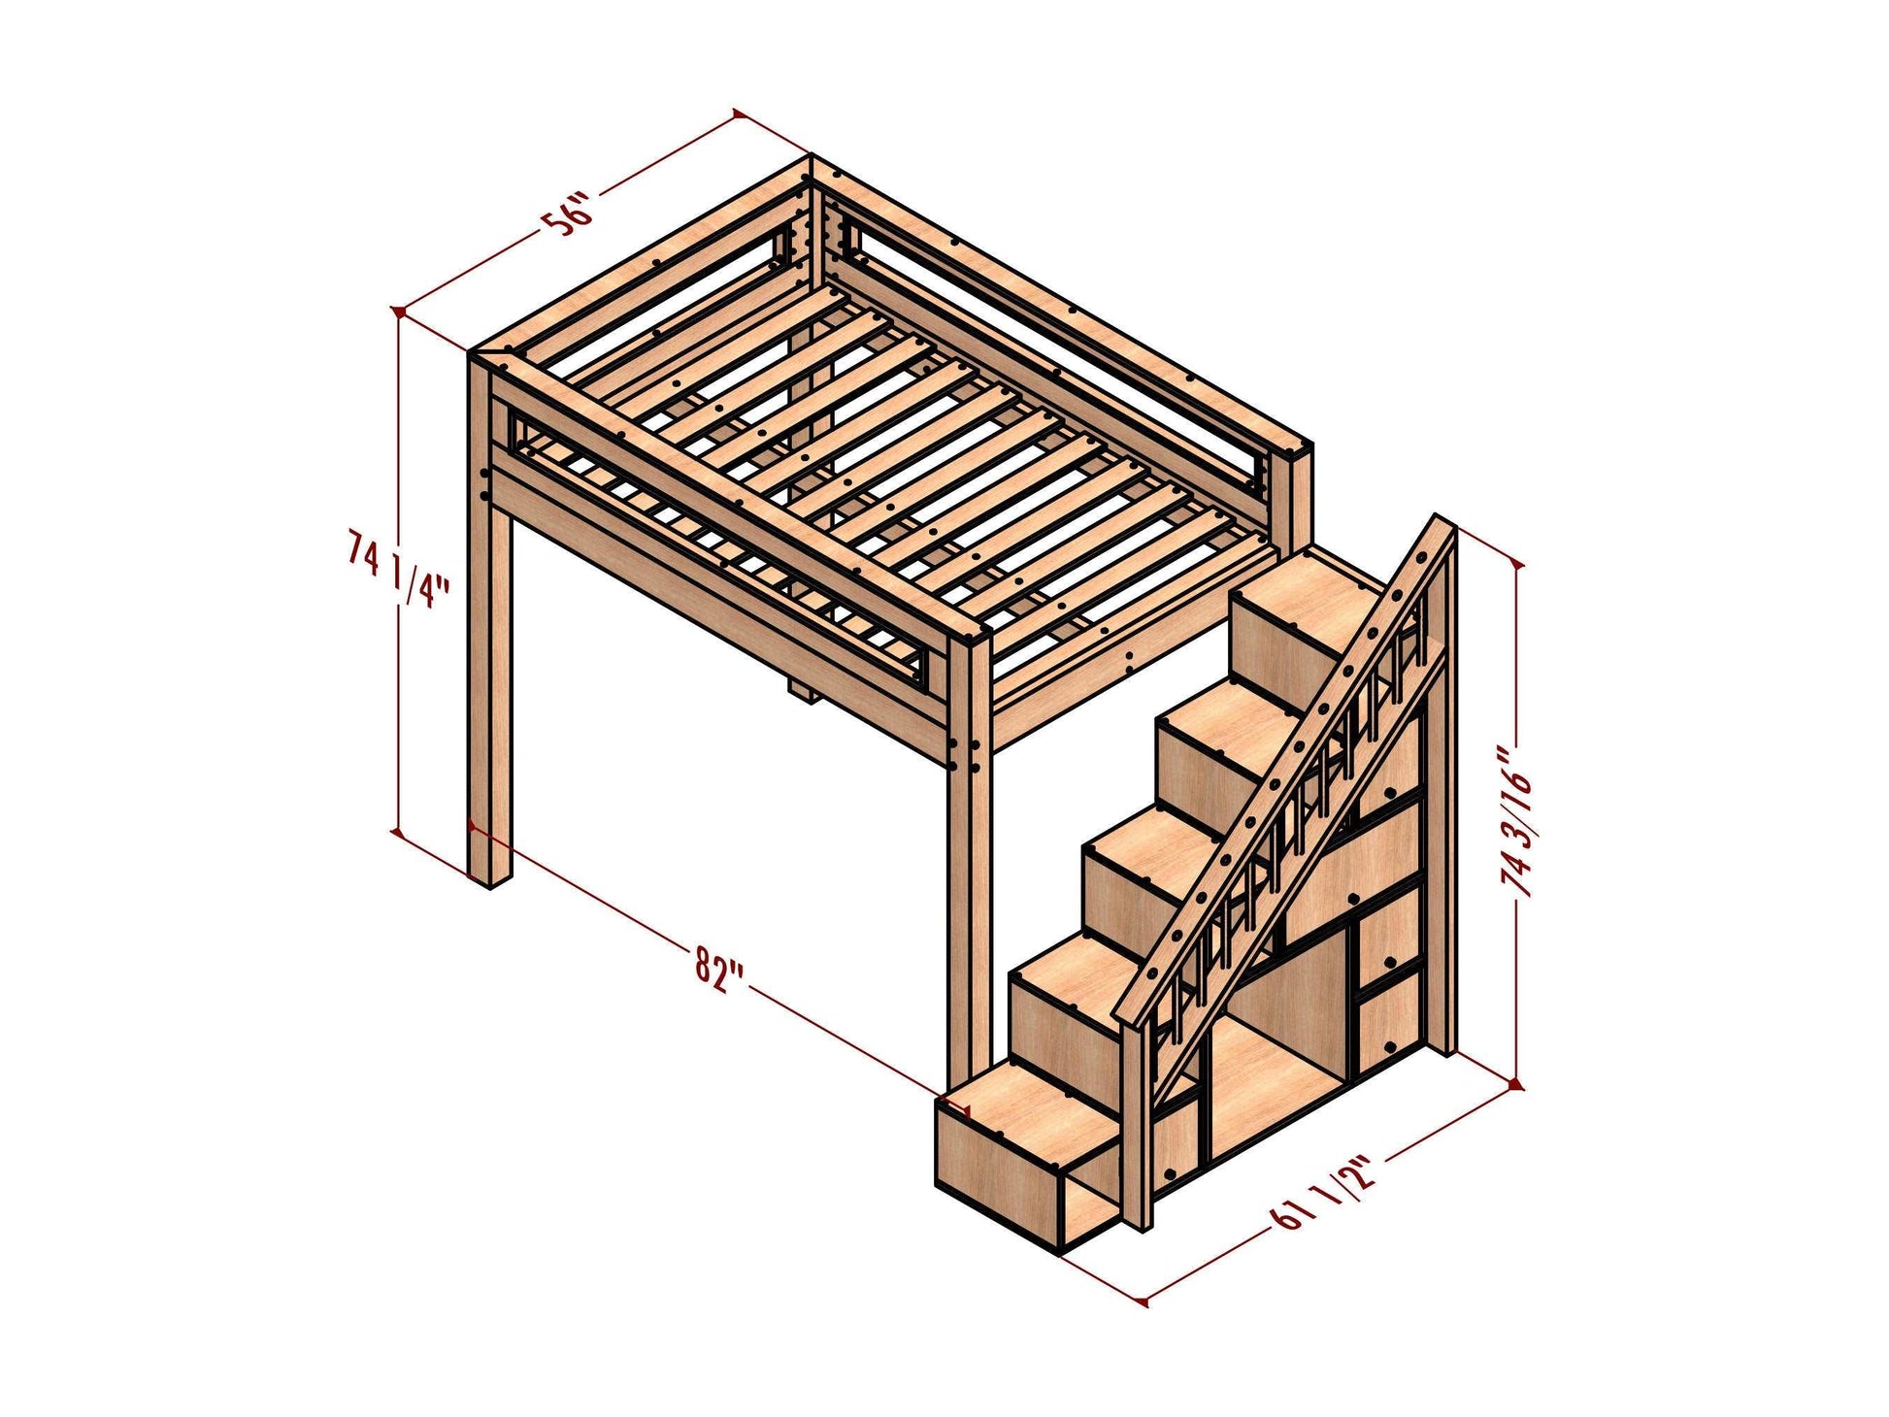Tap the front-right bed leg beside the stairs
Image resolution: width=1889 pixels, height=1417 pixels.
(969, 873)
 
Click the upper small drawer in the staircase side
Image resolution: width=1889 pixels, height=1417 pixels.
(1389, 932)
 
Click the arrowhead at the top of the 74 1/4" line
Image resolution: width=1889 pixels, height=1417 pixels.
(397, 313)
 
